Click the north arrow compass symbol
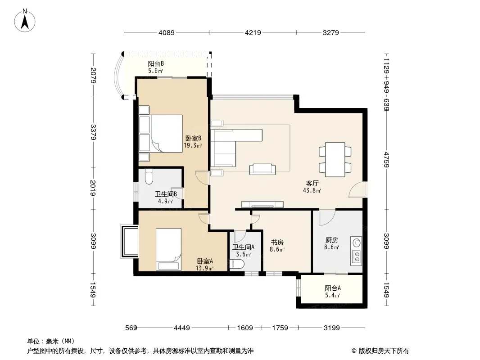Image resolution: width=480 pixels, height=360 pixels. (25, 21)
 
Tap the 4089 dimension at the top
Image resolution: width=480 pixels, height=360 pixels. (167, 32)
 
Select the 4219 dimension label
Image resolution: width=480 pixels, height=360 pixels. (253, 32)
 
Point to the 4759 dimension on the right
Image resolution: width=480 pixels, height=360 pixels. (386, 160)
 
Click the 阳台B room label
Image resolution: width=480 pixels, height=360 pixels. (156, 63)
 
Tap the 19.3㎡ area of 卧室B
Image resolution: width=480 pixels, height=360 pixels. (193, 146)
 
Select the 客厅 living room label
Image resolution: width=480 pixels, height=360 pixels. (312, 183)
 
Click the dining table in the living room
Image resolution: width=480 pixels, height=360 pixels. (335, 160)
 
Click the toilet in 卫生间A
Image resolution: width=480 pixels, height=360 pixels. (237, 264)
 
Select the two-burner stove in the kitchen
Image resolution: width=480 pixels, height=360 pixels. (357, 256)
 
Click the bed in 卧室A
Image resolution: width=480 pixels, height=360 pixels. (168, 249)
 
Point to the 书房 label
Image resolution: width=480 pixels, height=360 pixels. (277, 242)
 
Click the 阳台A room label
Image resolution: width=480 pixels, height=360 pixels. (333, 288)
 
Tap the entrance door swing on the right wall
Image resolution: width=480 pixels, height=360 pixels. (357, 189)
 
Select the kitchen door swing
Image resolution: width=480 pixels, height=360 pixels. (327, 217)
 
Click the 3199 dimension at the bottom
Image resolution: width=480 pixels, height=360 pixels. (332, 328)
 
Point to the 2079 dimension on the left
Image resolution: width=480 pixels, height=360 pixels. (93, 75)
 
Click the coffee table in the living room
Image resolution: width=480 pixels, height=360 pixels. (263, 169)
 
